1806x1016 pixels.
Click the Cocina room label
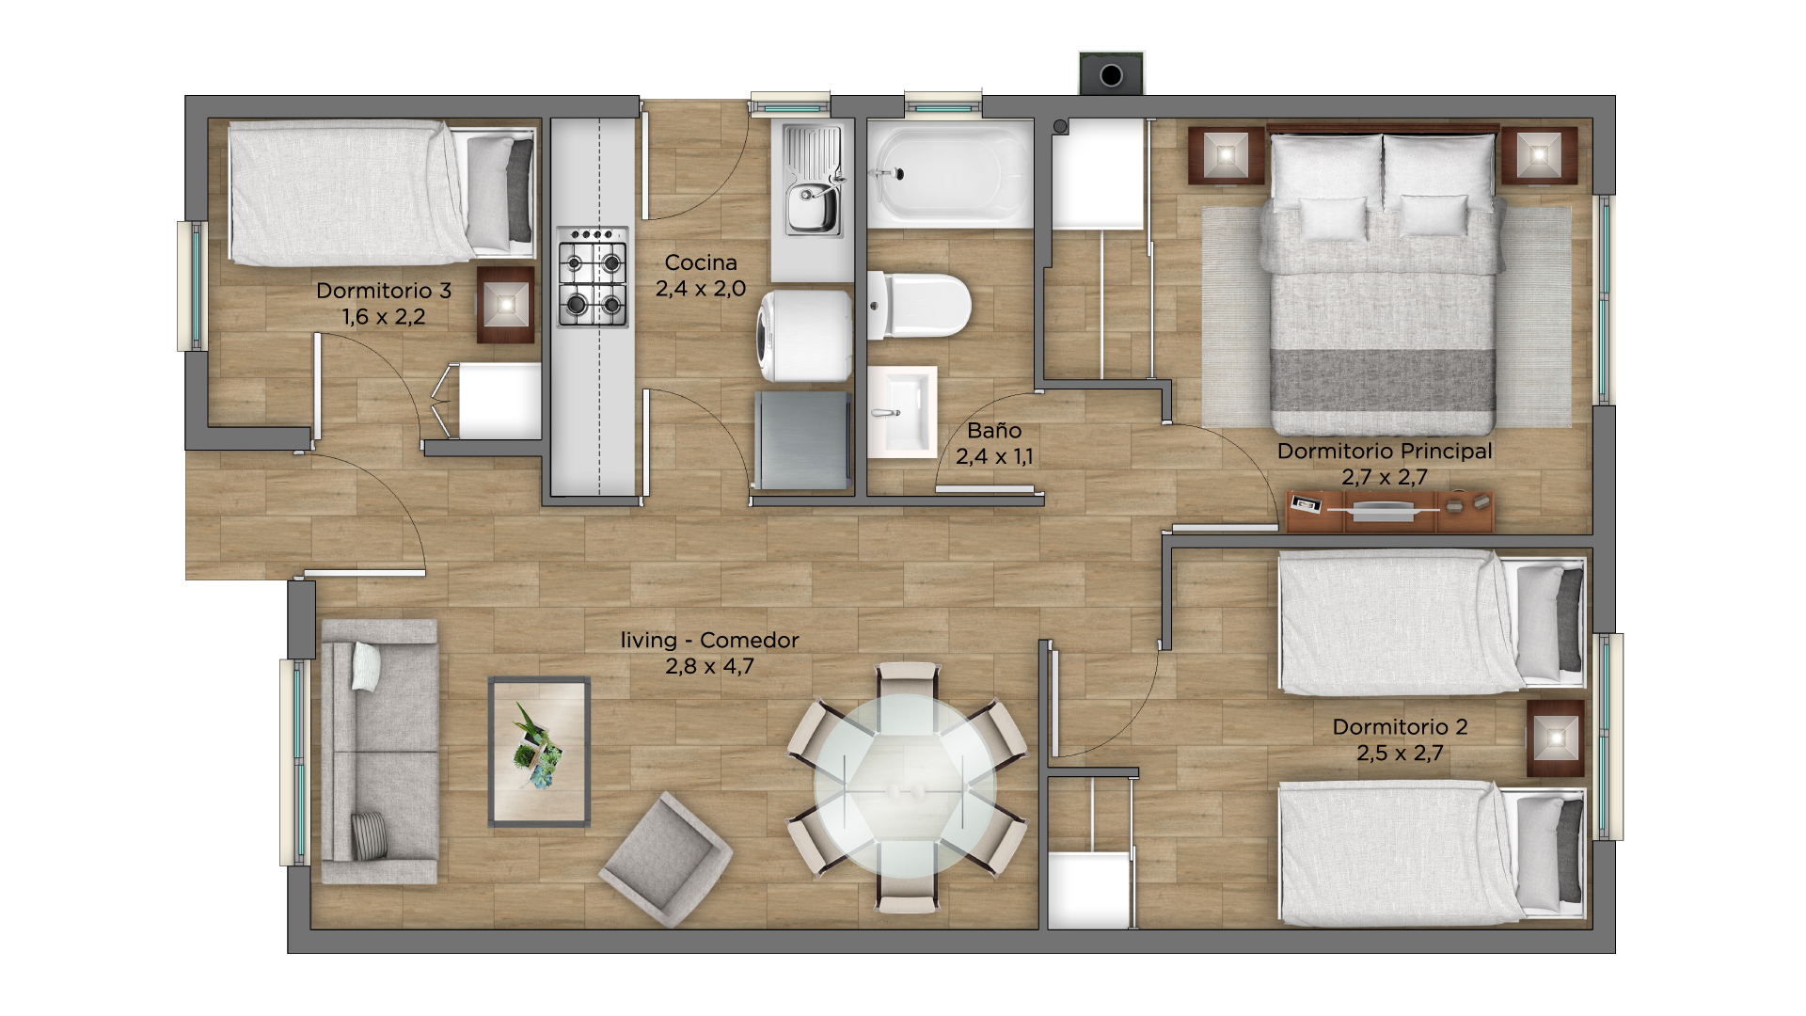coord(701,262)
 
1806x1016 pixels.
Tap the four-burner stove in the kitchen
coord(593,277)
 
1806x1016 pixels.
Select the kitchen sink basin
coord(814,181)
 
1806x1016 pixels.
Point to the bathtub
coord(949,175)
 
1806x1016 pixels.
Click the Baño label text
coord(994,430)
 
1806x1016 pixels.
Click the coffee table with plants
coord(539,752)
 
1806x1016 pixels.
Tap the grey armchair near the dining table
coord(666,859)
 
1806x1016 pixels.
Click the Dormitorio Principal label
coord(1385,451)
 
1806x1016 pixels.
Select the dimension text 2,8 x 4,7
coord(710,666)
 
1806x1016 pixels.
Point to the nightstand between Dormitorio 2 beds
coord(1555,738)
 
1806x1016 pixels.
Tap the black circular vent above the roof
coord(1111,75)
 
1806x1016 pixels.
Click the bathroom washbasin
coord(902,412)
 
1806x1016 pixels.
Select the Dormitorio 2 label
coord(1400,727)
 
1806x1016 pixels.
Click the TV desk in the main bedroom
coord(1389,511)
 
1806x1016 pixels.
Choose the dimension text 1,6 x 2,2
coord(384,317)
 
